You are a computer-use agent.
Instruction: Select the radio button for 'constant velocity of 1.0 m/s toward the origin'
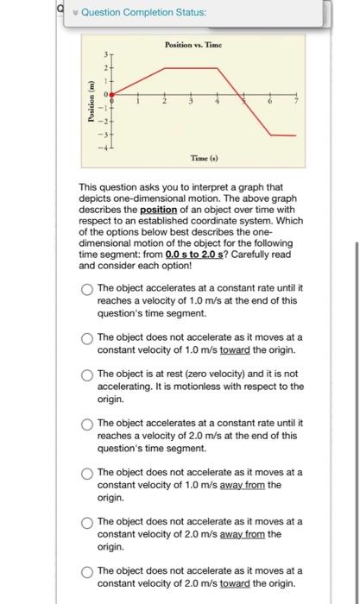86,337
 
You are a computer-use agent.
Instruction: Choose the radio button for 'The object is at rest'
86,374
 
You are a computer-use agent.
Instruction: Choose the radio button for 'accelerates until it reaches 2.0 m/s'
86,425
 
